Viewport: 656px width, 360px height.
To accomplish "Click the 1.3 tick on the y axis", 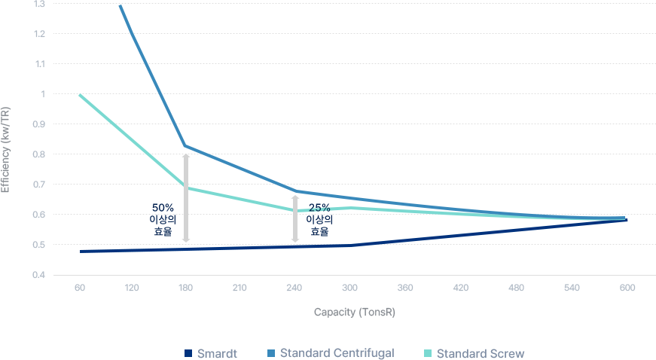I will tap(39, 5).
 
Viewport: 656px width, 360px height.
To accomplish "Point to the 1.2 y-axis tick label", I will tap(39, 34).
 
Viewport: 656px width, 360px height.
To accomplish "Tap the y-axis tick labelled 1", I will tap(42, 94).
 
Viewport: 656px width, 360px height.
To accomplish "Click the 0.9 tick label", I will tap(39, 124).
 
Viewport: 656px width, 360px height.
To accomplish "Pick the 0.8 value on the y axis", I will tap(39, 154).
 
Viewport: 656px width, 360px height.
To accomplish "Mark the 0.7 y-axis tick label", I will tap(39, 185).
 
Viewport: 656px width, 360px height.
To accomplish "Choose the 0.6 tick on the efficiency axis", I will tap(39, 215).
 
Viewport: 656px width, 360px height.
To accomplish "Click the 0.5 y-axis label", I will tap(39, 245).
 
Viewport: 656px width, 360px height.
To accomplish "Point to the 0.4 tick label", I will tap(39, 275).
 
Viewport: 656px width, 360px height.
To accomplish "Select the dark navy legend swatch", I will tap(188, 352).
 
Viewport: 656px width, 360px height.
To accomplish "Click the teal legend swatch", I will tap(428, 352).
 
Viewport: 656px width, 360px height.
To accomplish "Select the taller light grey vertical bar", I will tap(186, 197).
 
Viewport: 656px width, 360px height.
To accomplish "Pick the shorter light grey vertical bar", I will tap(295, 218).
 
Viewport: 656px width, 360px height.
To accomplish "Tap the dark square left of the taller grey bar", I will tap(162, 220).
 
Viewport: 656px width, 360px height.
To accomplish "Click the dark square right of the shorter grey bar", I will tap(319, 220).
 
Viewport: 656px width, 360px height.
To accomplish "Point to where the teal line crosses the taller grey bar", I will tap(186, 188).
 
